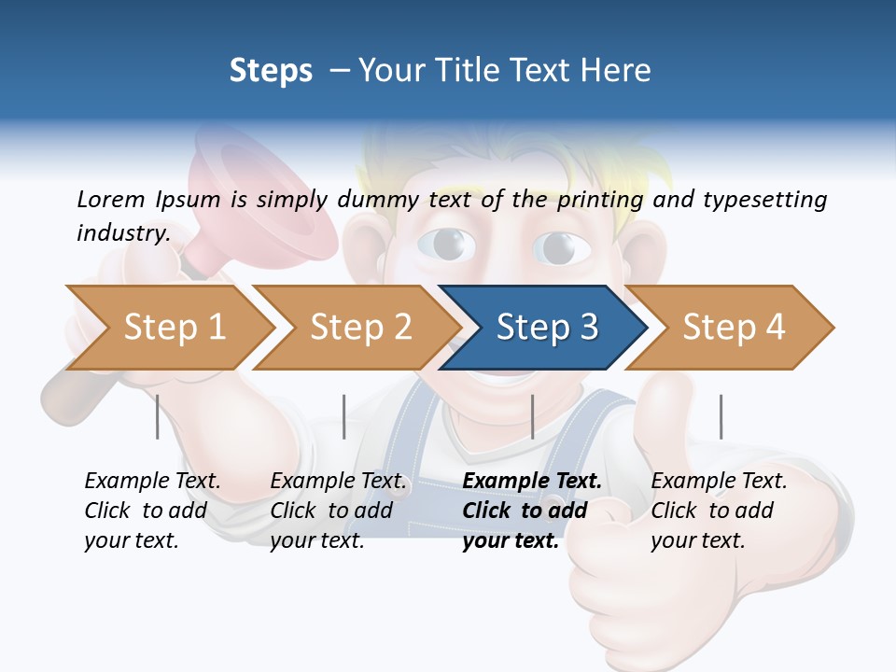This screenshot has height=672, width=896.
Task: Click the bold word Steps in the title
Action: click(271, 71)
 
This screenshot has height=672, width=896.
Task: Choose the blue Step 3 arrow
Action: click(546, 327)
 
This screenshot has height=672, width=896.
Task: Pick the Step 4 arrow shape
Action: click(734, 327)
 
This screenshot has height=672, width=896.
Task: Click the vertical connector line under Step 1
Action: click(158, 416)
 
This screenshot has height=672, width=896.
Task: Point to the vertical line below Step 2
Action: click(344, 416)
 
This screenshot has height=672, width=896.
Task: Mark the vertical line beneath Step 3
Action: click(532, 416)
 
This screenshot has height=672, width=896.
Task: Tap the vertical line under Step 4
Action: click(721, 416)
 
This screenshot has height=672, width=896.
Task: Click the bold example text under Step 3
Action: click(531, 511)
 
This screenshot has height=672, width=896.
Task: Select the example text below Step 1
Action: click(152, 511)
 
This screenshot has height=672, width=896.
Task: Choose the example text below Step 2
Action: click(338, 511)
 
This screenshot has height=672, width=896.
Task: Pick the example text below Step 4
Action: click(719, 511)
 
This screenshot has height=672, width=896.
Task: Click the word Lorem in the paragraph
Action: click(111, 199)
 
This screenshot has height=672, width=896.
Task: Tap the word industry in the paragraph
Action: click(123, 232)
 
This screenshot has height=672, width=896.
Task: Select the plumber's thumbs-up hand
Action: click(681, 523)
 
